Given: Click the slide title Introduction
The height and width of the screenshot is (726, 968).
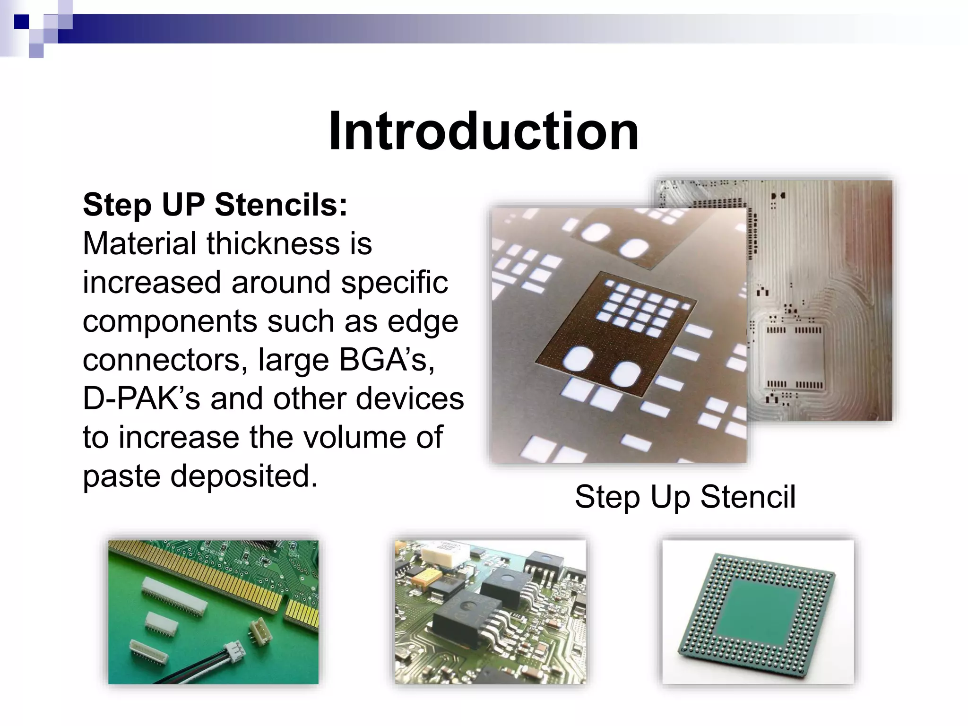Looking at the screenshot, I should [484, 131].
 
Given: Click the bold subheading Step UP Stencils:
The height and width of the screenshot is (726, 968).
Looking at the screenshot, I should [215, 205].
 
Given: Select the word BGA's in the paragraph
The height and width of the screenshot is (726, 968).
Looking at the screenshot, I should [387, 360].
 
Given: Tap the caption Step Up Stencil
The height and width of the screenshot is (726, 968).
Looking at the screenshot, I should [685, 497].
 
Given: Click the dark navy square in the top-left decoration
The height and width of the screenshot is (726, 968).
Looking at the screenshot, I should [21, 22].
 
